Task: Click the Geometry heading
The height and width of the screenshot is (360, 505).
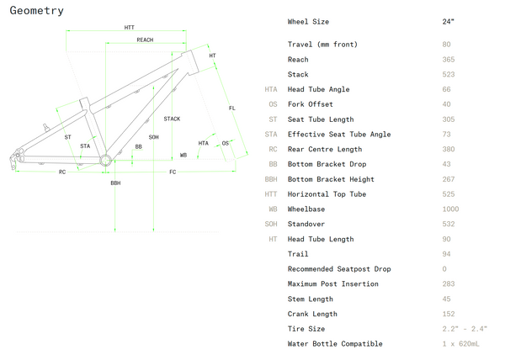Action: pyautogui.click(x=36, y=11)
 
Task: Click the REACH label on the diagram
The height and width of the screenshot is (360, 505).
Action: pyautogui.click(x=145, y=40)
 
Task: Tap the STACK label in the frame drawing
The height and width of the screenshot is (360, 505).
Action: pyautogui.click(x=172, y=119)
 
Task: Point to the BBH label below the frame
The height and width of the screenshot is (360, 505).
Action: pyautogui.click(x=115, y=183)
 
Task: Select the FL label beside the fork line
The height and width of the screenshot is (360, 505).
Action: pyautogui.click(x=232, y=109)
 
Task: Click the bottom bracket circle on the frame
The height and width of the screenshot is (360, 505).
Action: pyautogui.click(x=105, y=160)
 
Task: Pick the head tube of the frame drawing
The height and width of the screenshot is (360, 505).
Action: pyautogui.click(x=191, y=62)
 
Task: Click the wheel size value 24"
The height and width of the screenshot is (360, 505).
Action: pyautogui.click(x=448, y=22)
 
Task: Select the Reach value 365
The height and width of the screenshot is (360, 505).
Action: pyautogui.click(x=449, y=60)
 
